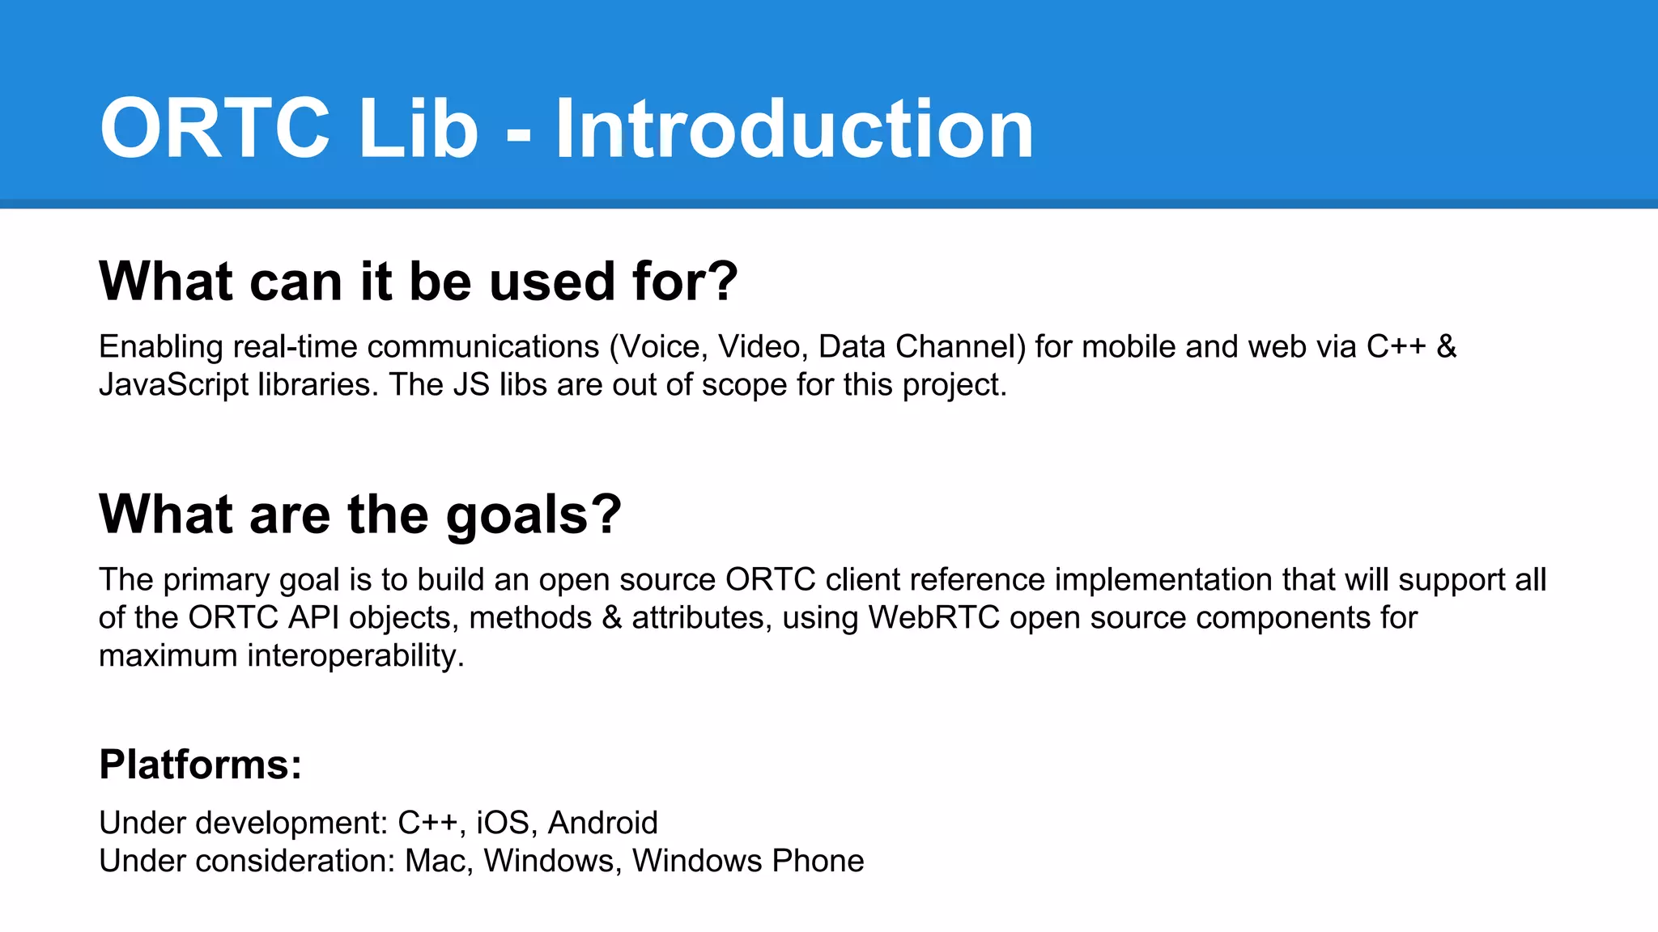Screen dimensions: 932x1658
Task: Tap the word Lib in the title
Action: tap(418, 129)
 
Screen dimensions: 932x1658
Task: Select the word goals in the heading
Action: tap(533, 515)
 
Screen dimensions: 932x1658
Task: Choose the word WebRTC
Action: tap(934, 618)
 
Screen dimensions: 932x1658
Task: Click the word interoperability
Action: tap(355, 656)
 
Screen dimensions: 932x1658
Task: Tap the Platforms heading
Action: tap(200, 765)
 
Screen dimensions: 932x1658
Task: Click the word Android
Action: tap(602, 823)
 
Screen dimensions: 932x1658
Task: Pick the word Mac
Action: tap(438, 861)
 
